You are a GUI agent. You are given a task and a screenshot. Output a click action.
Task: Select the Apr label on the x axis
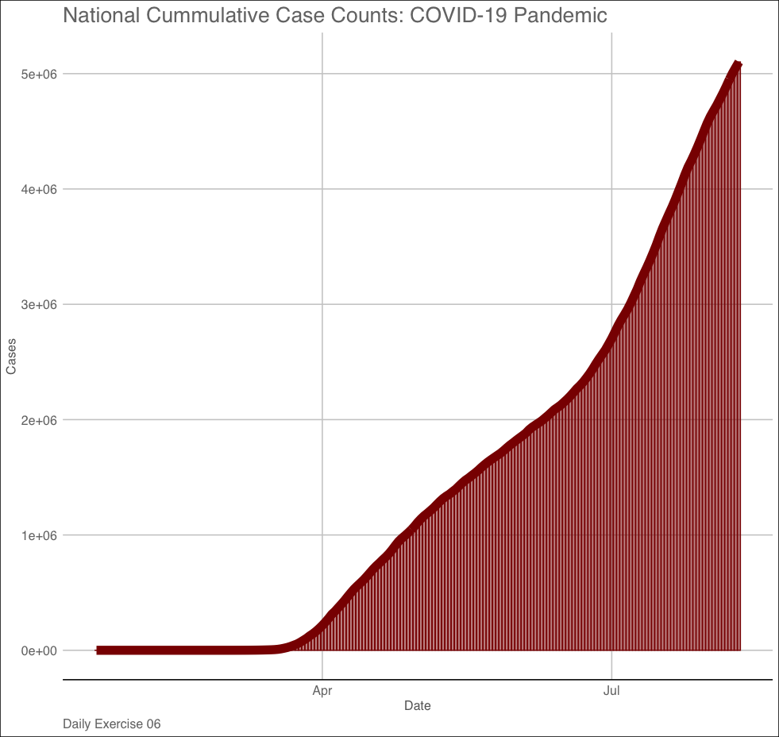[x=322, y=691]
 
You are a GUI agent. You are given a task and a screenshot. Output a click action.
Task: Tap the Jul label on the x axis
[x=611, y=691]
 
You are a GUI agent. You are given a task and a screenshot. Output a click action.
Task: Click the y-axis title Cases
[x=11, y=357]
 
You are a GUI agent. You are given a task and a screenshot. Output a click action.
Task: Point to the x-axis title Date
[x=418, y=705]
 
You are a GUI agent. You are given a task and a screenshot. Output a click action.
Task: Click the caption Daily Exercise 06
[x=112, y=724]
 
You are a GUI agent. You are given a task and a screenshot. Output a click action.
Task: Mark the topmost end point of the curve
[x=738, y=64]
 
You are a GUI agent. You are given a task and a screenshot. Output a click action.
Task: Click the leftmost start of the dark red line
[x=98, y=650]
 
